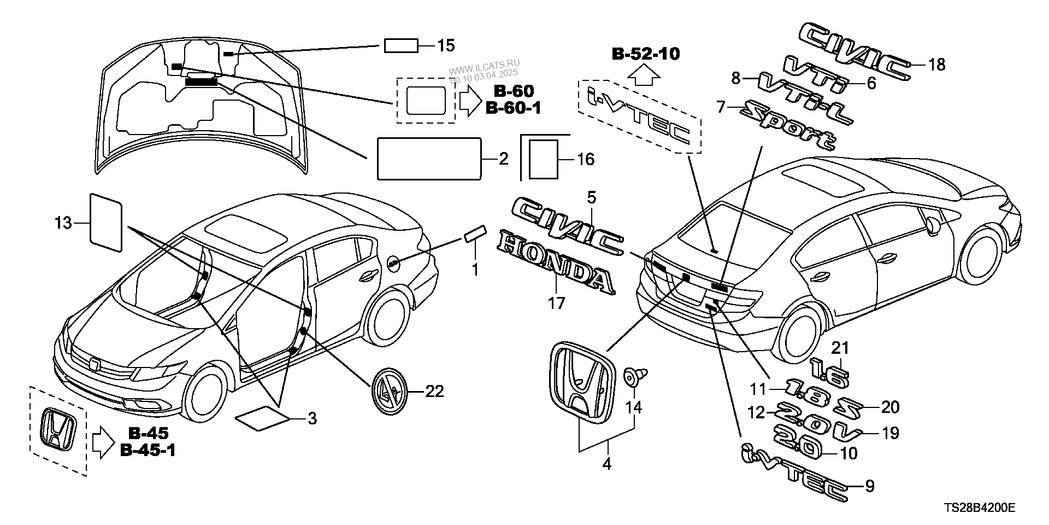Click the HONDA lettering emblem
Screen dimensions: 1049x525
(x=556, y=261)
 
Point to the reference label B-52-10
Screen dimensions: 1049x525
(x=645, y=54)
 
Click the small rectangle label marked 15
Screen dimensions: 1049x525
(x=401, y=46)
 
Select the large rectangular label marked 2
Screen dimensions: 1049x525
(x=429, y=159)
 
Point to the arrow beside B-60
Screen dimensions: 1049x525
(x=469, y=101)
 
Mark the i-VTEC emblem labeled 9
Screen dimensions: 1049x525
(x=795, y=472)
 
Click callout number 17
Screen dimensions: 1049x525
(x=556, y=302)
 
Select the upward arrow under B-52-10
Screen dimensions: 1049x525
(x=644, y=73)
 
